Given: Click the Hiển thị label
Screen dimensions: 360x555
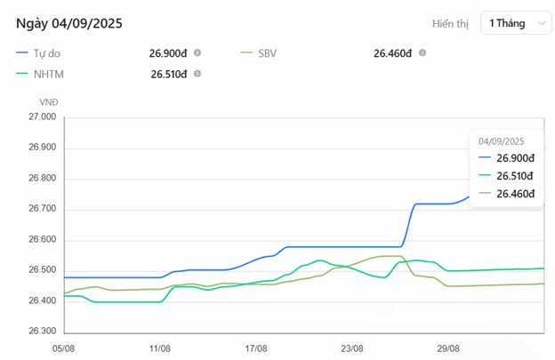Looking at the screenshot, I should pyautogui.click(x=450, y=24).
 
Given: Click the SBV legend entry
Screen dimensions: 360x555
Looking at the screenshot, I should pyautogui.click(x=267, y=53).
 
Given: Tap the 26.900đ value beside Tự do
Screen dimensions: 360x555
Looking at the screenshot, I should pyautogui.click(x=168, y=53).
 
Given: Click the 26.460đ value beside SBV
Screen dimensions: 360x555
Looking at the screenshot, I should pyautogui.click(x=392, y=53).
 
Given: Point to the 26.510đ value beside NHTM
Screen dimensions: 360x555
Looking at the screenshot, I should pyautogui.click(x=169, y=74).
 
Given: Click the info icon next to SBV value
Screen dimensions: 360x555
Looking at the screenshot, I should pyautogui.click(x=422, y=53).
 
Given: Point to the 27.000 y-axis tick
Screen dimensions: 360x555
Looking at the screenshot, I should pyautogui.click(x=42, y=117).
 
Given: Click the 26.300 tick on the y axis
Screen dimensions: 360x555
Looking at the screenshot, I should pyautogui.click(x=42, y=332).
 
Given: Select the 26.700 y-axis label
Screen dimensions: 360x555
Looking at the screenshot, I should pyautogui.click(x=42, y=210).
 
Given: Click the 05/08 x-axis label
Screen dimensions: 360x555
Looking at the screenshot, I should pyautogui.click(x=64, y=348).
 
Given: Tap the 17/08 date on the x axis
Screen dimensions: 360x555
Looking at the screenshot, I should pyautogui.click(x=256, y=348).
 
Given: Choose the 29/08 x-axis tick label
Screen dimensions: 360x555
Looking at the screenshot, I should pyautogui.click(x=448, y=348).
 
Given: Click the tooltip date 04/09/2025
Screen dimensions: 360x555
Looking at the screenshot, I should pyautogui.click(x=502, y=141).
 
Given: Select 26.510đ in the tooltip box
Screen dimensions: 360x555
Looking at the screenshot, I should pyautogui.click(x=516, y=176).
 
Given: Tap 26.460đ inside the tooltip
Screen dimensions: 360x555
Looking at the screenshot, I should pyautogui.click(x=516, y=194).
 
